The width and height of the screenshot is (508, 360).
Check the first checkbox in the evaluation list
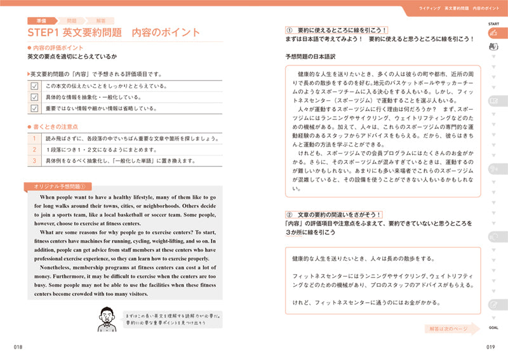[x=35, y=86]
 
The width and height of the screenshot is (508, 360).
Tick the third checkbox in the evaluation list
[x=35, y=109]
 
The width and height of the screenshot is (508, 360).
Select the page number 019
[x=490, y=346]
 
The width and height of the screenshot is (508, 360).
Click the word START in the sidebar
[x=493, y=23]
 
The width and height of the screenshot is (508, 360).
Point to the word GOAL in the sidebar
[x=493, y=328]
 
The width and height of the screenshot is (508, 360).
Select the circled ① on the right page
[x=289, y=29]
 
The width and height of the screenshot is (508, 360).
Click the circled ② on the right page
[x=289, y=215]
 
